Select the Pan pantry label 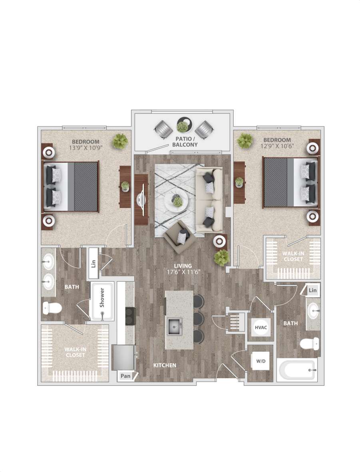tap(125, 376)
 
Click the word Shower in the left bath tap(102, 297)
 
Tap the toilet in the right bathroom tap(310, 343)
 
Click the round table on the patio tap(183, 124)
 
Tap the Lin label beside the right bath tap(312, 290)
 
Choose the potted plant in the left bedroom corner tap(120, 141)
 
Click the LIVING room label tap(183, 266)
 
